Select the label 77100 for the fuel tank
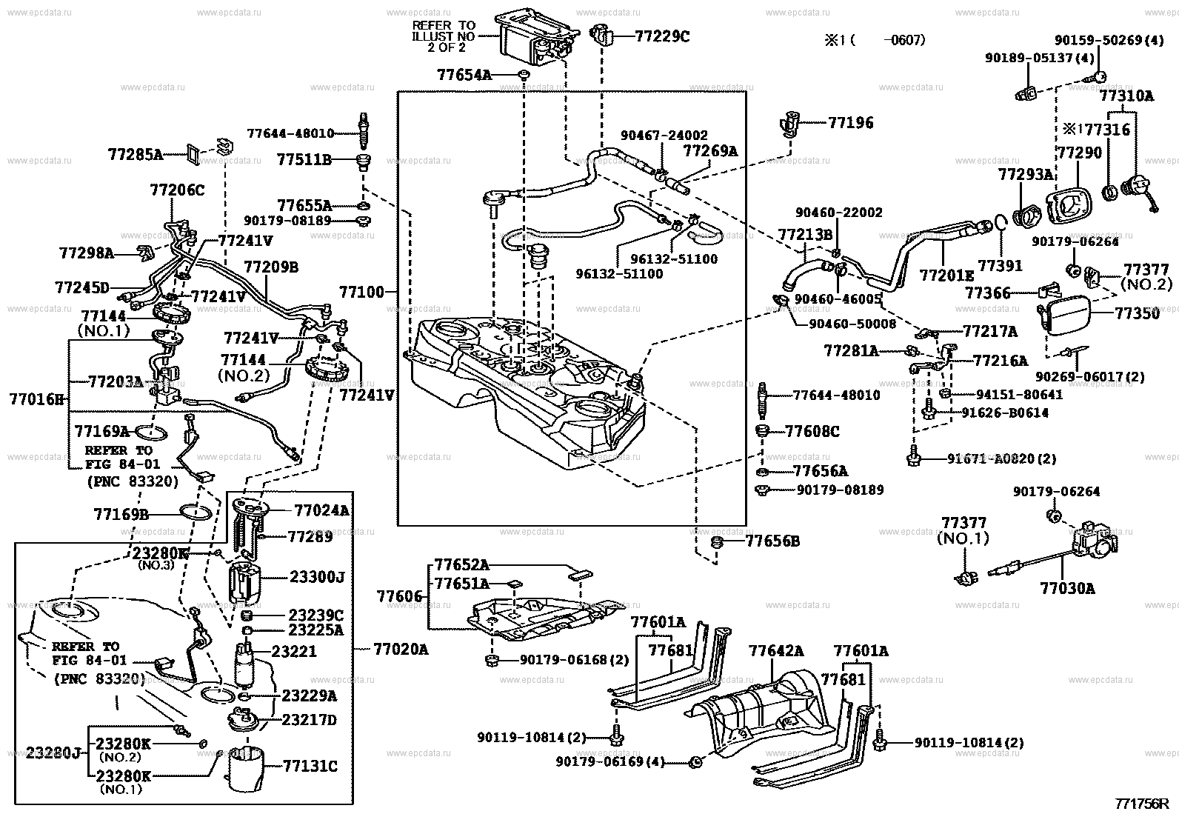[x=362, y=292]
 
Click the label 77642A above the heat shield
[x=775, y=651]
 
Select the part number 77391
[x=1000, y=265]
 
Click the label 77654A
[x=464, y=75]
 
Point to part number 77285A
[x=135, y=154]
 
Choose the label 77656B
[x=772, y=541]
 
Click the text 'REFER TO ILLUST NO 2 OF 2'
[x=444, y=36]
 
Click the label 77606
[x=398, y=596]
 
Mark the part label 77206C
[x=177, y=190]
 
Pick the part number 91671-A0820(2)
[x=1001, y=459]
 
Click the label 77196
[x=850, y=123]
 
